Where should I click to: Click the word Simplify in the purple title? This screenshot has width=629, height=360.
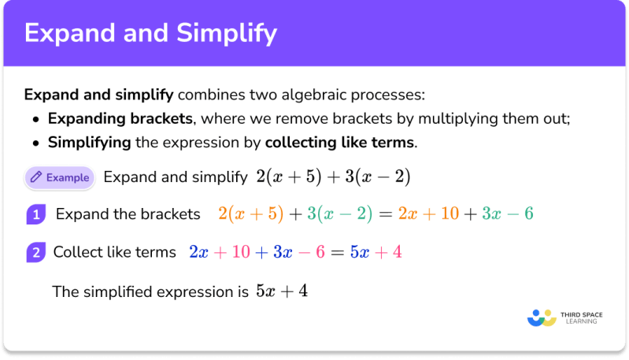coord(227,33)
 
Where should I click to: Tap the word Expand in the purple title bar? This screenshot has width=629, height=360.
coord(65,33)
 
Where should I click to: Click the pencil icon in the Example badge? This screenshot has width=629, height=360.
coord(35,177)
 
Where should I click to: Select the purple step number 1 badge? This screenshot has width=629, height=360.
coord(36,214)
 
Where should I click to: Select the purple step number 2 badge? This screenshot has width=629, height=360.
coord(36,253)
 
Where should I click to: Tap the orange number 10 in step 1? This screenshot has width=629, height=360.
coord(449,214)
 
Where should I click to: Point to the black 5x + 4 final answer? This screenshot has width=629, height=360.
coord(281,291)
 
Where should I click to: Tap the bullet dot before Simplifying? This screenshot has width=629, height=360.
coord(36,144)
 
